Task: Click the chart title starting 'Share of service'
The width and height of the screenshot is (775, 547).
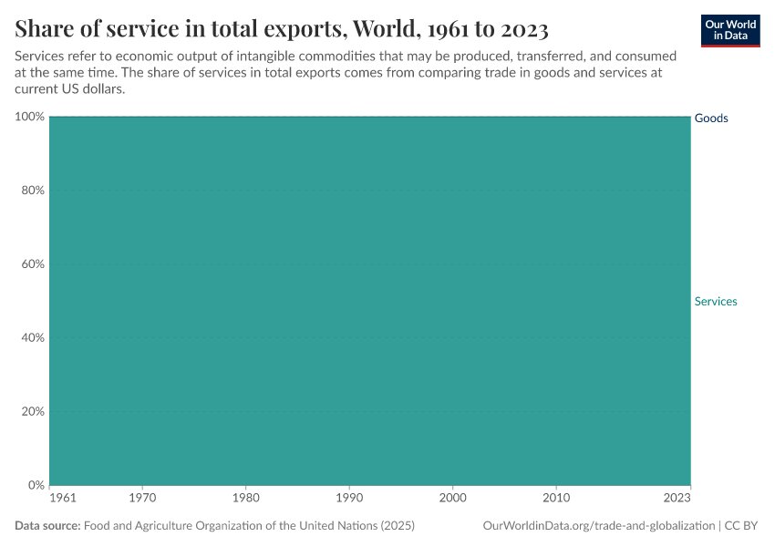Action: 282,28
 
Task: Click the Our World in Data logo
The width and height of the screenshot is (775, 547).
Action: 730,30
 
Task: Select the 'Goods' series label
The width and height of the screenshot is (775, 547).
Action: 711,119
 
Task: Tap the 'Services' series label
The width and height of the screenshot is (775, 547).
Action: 716,302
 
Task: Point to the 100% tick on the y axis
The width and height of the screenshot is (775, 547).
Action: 30,117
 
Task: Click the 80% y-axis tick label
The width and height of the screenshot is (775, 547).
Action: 32,191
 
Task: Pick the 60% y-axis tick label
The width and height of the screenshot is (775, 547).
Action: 32,264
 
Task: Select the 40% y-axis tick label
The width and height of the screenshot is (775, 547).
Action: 32,338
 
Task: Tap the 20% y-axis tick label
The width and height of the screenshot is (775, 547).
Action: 32,411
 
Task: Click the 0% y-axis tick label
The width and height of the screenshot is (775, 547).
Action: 36,485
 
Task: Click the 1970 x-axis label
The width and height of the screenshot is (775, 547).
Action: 142,499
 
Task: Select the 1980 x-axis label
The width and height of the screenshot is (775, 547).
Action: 245,499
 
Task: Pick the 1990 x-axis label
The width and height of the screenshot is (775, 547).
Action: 349,499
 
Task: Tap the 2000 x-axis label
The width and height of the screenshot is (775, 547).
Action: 453,499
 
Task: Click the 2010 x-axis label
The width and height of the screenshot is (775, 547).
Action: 556,499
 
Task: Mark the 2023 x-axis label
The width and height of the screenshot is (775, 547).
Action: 677,499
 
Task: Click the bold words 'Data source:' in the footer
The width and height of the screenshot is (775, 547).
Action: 47,526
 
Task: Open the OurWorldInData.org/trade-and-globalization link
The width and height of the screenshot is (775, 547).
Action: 598,526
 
